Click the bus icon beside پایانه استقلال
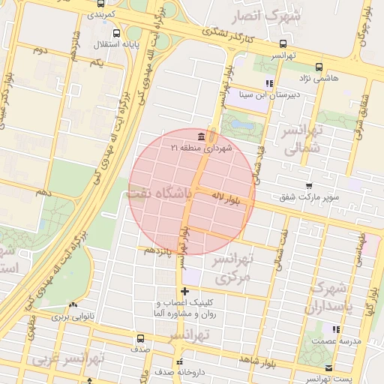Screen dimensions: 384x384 [x=116, y=33]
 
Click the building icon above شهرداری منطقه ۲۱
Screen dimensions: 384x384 [x=200, y=136]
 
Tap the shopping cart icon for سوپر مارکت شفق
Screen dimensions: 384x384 [x=309, y=184]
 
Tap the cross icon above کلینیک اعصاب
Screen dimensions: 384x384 [x=184, y=291]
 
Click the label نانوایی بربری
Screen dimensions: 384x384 [x=73, y=317]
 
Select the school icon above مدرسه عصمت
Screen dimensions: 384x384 [x=337, y=328]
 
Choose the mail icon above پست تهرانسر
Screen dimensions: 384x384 [x=331, y=367]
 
